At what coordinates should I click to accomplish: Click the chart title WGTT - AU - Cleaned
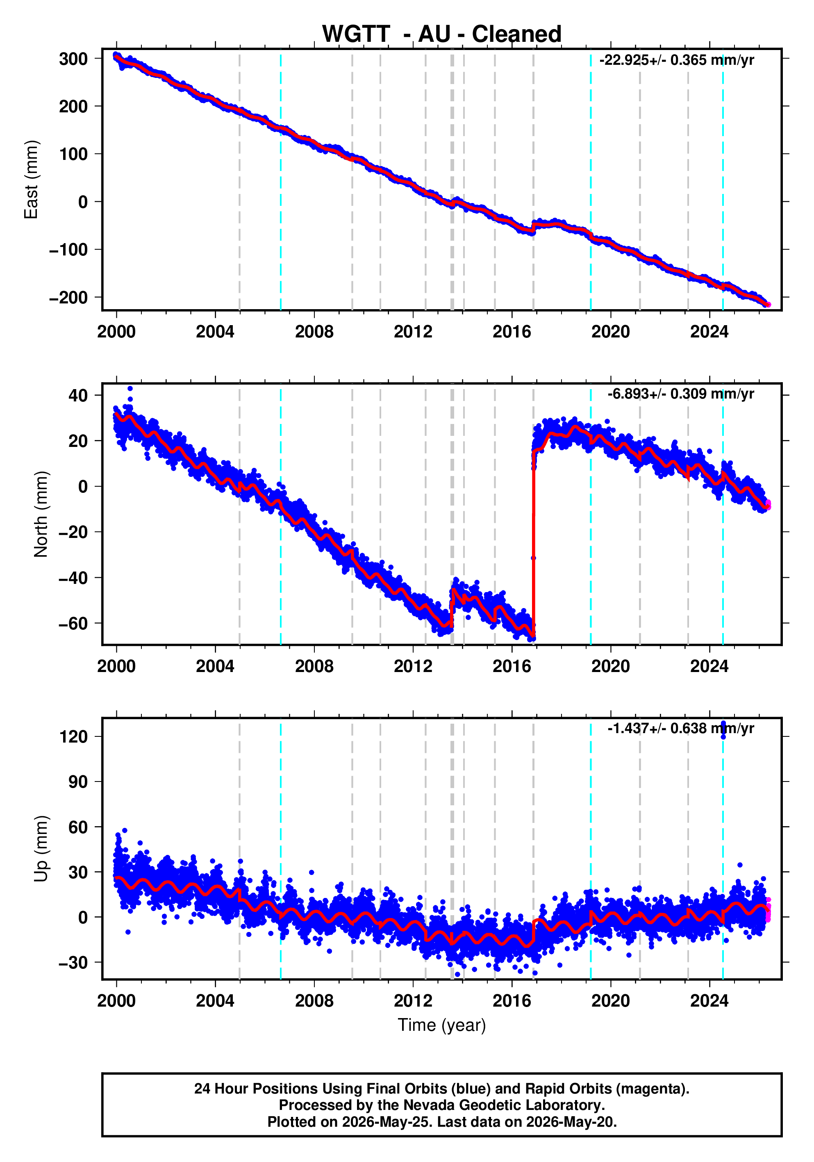pyautogui.click(x=442, y=34)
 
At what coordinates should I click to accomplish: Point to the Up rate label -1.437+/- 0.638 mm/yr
pyautogui.click(x=680, y=728)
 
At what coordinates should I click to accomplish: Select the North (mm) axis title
pyautogui.click(x=41, y=514)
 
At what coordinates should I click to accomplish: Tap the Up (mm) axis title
pyautogui.click(x=41, y=849)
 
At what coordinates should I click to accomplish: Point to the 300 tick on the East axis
pyautogui.click(x=73, y=59)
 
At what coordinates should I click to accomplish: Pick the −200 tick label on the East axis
pyautogui.click(x=68, y=297)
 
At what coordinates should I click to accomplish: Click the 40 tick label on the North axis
pyautogui.click(x=78, y=395)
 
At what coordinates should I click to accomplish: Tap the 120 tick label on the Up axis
pyautogui.click(x=73, y=736)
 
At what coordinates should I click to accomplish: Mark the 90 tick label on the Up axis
pyautogui.click(x=78, y=782)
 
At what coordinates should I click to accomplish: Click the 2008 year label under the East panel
pyautogui.click(x=314, y=332)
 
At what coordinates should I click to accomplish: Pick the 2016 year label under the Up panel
pyautogui.click(x=512, y=1001)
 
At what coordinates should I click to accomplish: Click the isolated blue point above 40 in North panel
pyautogui.click(x=130, y=389)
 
